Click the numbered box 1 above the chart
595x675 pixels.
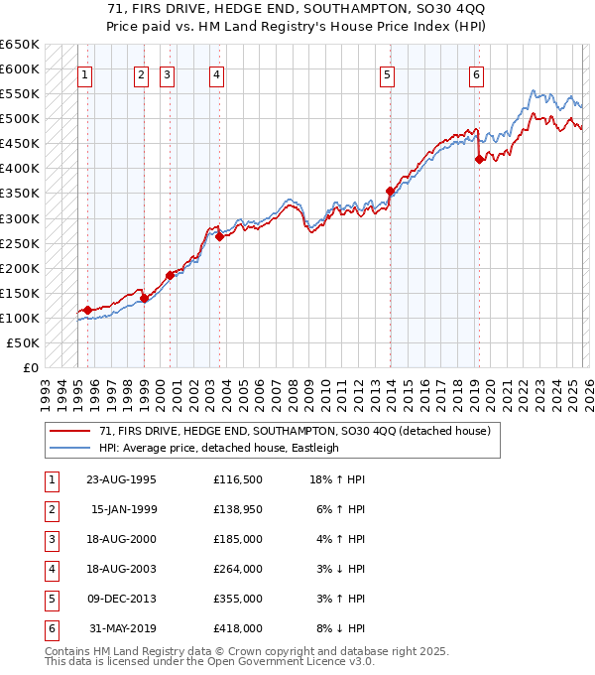pyautogui.click(x=84, y=74)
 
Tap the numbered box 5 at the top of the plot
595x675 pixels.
pyautogui.click(x=386, y=74)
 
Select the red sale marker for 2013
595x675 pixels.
pyautogui.click(x=390, y=191)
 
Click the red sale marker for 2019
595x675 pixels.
pyautogui.click(x=479, y=159)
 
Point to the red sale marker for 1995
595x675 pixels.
pyautogui.click(x=87, y=310)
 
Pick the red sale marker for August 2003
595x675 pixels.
pyautogui.click(x=219, y=236)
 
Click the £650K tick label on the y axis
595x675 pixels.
pyautogui.click(x=19, y=45)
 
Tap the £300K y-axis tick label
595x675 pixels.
pyautogui.click(x=19, y=218)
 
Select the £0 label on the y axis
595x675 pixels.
pyautogui.click(x=29, y=367)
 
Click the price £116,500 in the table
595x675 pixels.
pyautogui.click(x=238, y=479)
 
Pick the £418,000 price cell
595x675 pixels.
pyautogui.click(x=238, y=628)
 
